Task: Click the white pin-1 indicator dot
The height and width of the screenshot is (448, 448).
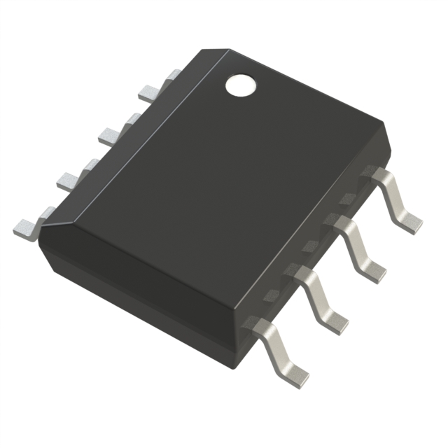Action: [240, 85]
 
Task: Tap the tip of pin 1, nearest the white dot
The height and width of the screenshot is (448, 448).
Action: [150, 92]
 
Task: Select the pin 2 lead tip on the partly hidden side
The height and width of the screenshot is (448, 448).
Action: [111, 135]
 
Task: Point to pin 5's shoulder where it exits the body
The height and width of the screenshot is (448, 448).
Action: [257, 326]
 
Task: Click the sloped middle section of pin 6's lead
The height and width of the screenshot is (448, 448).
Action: [312, 294]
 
